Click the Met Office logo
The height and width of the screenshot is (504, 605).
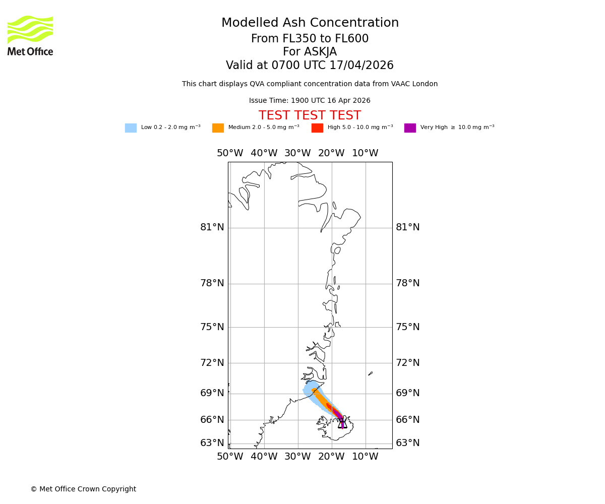point(30,35)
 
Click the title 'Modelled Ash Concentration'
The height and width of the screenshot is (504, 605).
point(310,23)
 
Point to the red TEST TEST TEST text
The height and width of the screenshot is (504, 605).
point(310,115)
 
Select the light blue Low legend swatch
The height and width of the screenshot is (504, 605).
point(131,128)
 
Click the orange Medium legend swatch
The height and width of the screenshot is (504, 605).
point(218,128)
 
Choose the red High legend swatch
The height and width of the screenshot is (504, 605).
point(317,128)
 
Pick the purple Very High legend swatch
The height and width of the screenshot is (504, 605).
point(410,128)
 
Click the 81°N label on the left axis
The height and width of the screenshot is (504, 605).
point(212,227)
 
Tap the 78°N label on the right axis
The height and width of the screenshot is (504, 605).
point(407,283)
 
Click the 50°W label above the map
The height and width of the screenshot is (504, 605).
point(230,153)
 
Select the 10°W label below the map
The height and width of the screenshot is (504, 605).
point(365,457)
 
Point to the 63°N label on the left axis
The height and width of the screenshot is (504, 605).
point(212,443)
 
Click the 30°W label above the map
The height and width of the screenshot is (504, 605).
point(297,153)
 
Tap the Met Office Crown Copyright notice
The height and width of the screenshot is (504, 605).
point(83,489)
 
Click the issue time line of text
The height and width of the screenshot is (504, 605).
point(310,101)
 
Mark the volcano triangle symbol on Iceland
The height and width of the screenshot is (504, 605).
point(342,423)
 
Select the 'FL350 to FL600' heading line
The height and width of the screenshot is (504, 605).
point(310,39)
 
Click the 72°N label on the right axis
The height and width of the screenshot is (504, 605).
point(407,363)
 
